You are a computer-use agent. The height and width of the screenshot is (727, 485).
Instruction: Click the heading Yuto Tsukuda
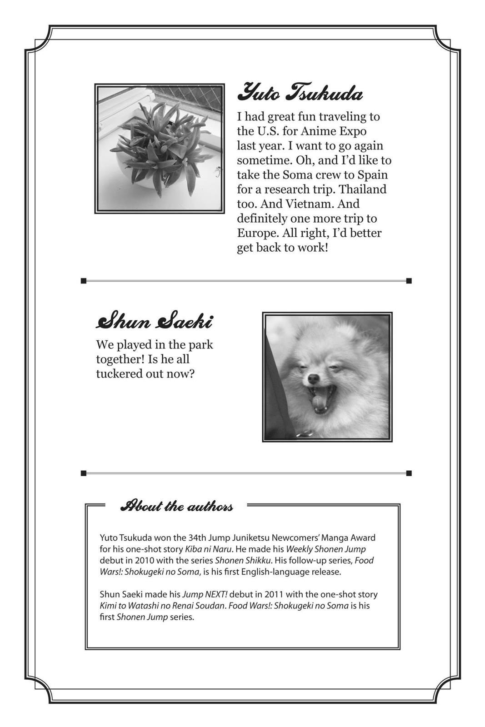pyautogui.click(x=300, y=93)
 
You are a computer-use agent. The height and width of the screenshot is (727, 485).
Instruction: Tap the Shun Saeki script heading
pyautogui.click(x=154, y=321)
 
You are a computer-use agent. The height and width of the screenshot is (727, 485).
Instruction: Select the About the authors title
pyautogui.click(x=177, y=506)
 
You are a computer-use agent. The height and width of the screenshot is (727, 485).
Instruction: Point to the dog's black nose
pyautogui.click(x=313, y=378)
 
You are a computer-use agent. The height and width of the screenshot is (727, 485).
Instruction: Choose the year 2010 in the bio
pyautogui.click(x=144, y=561)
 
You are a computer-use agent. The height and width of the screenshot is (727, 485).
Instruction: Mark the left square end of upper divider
pyautogui.click(x=84, y=281)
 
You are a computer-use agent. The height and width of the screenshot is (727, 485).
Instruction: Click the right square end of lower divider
pyautogui.click(x=409, y=473)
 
